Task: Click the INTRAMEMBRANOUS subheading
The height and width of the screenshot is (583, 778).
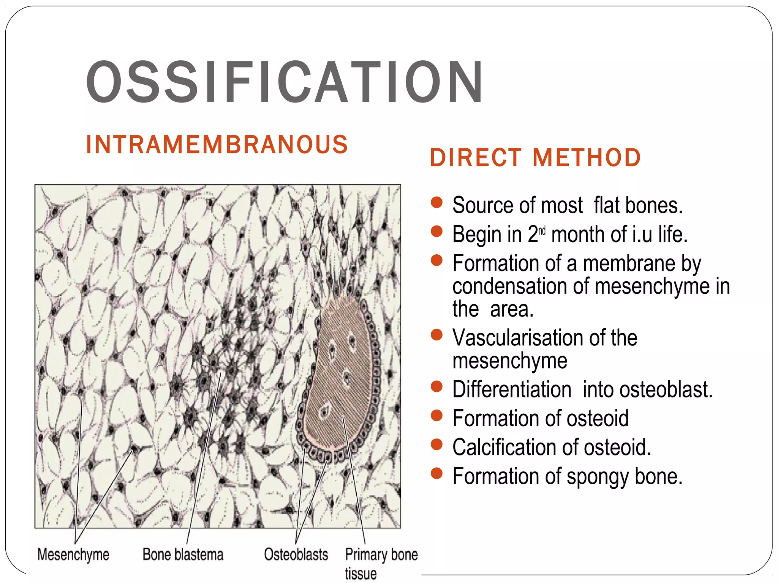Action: tap(217, 145)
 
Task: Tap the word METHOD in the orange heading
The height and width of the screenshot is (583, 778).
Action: tap(587, 158)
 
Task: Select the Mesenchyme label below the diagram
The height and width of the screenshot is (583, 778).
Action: tap(73, 555)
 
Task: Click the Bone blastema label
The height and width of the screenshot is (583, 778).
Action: tap(183, 555)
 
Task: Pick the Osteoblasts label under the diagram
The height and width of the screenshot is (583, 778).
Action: tap(296, 555)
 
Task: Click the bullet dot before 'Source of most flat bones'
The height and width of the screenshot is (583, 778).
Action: tap(437, 202)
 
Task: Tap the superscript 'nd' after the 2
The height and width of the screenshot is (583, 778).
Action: tap(542, 230)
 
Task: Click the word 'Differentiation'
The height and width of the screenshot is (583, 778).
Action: tap(512, 389)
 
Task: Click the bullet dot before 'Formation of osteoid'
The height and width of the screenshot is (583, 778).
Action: tap(437, 415)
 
